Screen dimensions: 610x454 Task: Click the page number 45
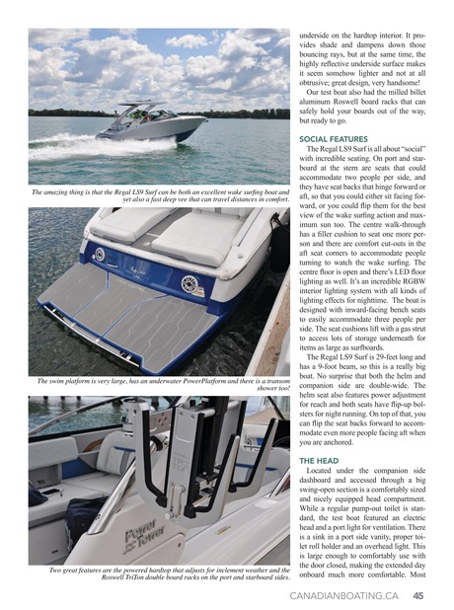click(419, 596)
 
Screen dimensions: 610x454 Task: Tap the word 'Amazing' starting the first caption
click(59, 191)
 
